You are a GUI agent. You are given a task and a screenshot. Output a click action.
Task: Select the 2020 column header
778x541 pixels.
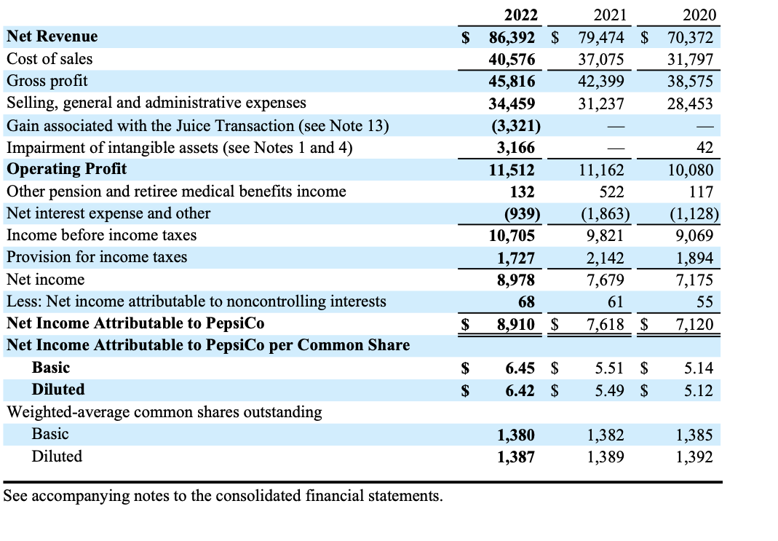pyautogui.click(x=700, y=15)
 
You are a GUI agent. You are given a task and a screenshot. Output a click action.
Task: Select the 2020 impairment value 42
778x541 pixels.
pyautogui.click(x=704, y=148)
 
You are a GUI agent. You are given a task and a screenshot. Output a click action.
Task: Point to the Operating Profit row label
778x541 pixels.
pyautogui.click(x=66, y=169)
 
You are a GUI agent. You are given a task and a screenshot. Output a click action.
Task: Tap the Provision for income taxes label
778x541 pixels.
pyautogui.click(x=96, y=257)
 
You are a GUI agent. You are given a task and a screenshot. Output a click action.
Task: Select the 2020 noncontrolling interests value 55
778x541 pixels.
pyautogui.click(x=704, y=302)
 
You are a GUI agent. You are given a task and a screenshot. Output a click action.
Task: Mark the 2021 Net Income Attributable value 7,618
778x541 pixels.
pyautogui.click(x=606, y=324)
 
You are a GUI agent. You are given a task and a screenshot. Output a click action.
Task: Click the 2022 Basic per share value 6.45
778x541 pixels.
pyautogui.click(x=520, y=368)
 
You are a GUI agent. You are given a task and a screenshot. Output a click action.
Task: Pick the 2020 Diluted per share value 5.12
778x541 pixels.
pyautogui.click(x=699, y=391)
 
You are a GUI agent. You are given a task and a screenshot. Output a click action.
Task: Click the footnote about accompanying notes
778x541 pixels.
pyautogui.click(x=223, y=497)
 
